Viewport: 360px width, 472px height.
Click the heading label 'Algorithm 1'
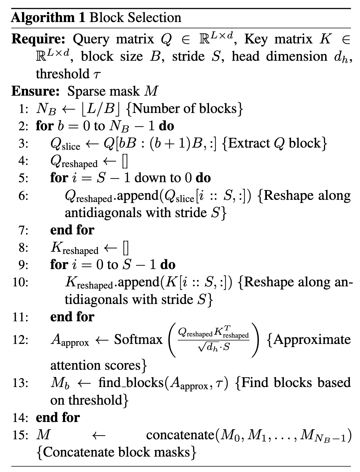[x=48, y=18]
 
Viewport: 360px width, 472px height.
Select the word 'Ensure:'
[x=36, y=91]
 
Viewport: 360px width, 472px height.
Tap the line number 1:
[x=24, y=109]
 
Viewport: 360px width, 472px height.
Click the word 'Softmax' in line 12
[x=138, y=340]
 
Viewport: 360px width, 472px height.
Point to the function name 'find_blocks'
[x=131, y=383]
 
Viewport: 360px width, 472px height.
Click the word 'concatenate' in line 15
[x=180, y=435]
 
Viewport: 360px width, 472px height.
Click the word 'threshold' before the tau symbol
[x=63, y=74]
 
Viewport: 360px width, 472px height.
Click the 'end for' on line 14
[x=58, y=418]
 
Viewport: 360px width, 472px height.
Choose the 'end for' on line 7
[x=72, y=230]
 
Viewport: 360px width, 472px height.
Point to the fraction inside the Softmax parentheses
[x=213, y=340]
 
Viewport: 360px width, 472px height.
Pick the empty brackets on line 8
[x=126, y=248]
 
